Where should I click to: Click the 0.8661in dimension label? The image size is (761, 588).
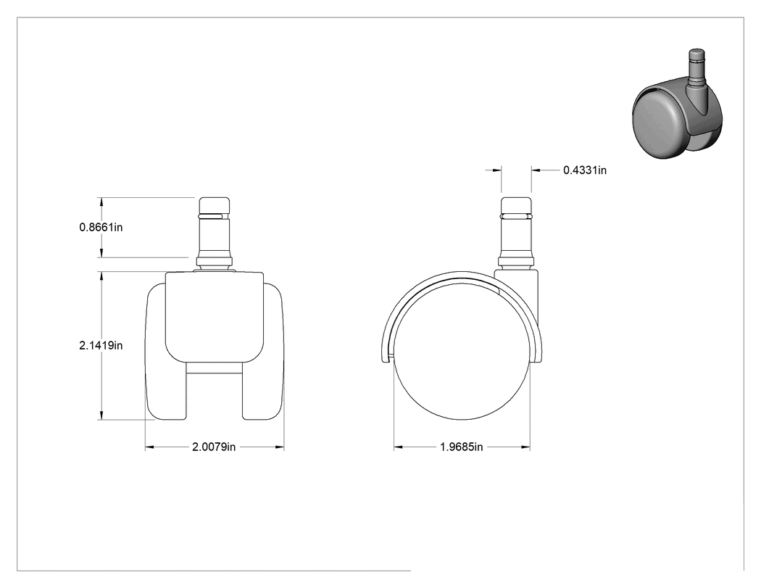(101, 227)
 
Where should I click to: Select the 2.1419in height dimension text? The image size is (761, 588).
(101, 345)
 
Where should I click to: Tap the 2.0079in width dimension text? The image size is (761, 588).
(214, 447)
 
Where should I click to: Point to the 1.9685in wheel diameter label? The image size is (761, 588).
(462, 447)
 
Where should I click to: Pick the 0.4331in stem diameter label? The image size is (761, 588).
(585, 170)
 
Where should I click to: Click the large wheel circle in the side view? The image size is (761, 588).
(462, 352)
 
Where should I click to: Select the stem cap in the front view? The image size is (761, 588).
(214, 205)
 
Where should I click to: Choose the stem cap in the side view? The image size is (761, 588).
(516, 205)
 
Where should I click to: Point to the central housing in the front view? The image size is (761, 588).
(215, 317)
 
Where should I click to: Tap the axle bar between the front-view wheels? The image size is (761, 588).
(214, 368)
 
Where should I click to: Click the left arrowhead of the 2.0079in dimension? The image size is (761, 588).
(149, 447)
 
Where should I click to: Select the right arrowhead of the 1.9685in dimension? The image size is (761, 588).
(525, 447)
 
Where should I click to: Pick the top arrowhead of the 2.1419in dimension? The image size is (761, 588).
(101, 276)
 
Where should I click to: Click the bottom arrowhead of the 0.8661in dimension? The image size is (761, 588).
(101, 253)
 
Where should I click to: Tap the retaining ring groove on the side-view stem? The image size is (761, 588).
(516, 215)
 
